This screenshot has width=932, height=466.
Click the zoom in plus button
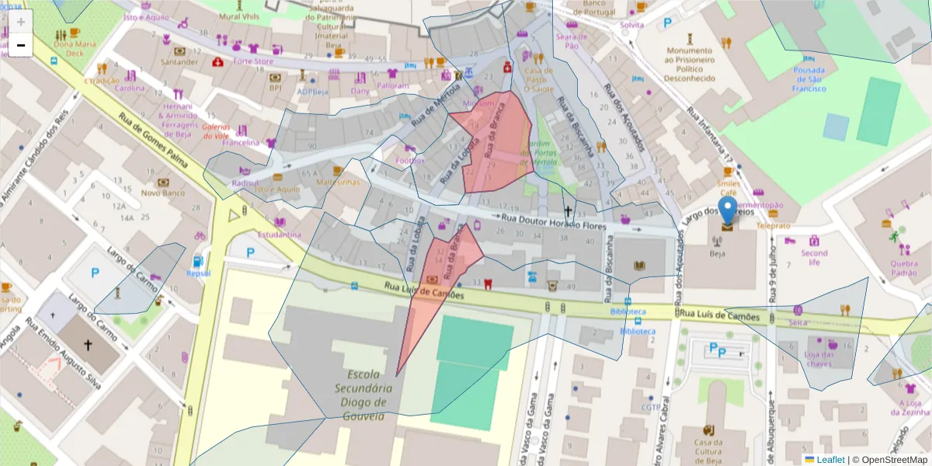click(21, 22)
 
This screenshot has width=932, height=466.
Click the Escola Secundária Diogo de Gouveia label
click(359, 395)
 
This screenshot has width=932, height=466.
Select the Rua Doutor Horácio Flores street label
click(552, 222)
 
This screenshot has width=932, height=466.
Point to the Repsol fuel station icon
click(198, 262)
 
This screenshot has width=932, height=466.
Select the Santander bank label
click(179, 61)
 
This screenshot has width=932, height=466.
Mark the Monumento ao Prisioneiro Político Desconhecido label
click(689, 64)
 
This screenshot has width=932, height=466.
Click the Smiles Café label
click(728, 188)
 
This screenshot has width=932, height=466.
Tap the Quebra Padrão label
click(904, 268)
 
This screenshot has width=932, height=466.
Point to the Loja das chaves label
click(819, 359)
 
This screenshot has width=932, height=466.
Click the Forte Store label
click(253, 61)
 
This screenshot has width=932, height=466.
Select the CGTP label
click(651, 407)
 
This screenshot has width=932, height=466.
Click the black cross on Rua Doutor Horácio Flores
click(568, 211)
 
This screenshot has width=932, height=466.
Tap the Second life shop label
click(814, 258)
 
